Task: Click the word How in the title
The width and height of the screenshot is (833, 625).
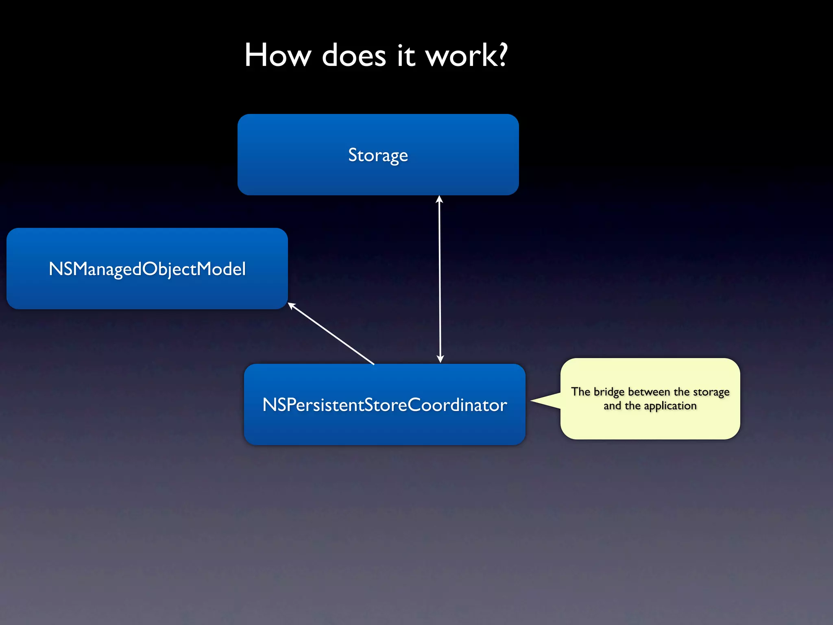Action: (x=278, y=55)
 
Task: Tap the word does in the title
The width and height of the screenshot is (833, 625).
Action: (x=353, y=55)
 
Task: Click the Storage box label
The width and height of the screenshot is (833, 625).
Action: (x=378, y=155)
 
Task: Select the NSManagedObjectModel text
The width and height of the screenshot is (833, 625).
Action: (x=147, y=269)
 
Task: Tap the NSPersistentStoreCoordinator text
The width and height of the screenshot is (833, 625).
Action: (x=384, y=405)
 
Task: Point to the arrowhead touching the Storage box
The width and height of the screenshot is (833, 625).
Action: (x=439, y=199)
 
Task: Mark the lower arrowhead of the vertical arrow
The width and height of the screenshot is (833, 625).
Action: (x=440, y=359)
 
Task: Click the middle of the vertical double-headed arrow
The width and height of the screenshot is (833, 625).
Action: (x=440, y=279)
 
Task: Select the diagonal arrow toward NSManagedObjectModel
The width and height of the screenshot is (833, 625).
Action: (x=331, y=334)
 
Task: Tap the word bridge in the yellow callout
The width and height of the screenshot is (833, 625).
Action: (x=609, y=392)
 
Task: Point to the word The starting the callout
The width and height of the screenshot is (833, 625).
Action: (x=580, y=391)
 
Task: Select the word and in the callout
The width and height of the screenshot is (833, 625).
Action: (x=612, y=406)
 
